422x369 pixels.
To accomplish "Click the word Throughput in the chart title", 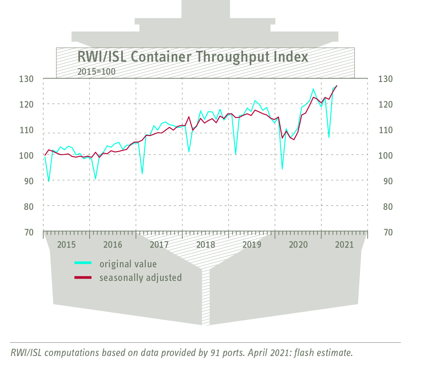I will (232, 57).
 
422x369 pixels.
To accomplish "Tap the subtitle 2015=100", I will (96, 72).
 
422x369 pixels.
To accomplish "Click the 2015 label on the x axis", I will (66, 245).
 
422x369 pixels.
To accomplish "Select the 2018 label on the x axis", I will (206, 245).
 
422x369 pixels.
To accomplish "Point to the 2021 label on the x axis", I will (344, 245).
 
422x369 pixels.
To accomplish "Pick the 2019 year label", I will (252, 245).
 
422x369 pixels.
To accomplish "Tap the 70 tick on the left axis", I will (29, 232).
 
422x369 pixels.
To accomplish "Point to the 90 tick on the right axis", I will (385, 181).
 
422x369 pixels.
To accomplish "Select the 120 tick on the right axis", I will (385, 105).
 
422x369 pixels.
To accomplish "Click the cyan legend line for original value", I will (83, 263).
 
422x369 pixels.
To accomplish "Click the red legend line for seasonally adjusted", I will (83, 277).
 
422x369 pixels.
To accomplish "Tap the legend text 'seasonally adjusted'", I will (140, 278).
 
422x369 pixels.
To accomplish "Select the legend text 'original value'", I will (128, 264).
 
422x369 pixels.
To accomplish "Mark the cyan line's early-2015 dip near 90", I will (49, 181).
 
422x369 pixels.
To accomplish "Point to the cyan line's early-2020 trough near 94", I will (282, 169).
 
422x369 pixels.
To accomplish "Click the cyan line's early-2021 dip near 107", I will (329, 137).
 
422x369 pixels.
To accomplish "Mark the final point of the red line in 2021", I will (337, 86).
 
